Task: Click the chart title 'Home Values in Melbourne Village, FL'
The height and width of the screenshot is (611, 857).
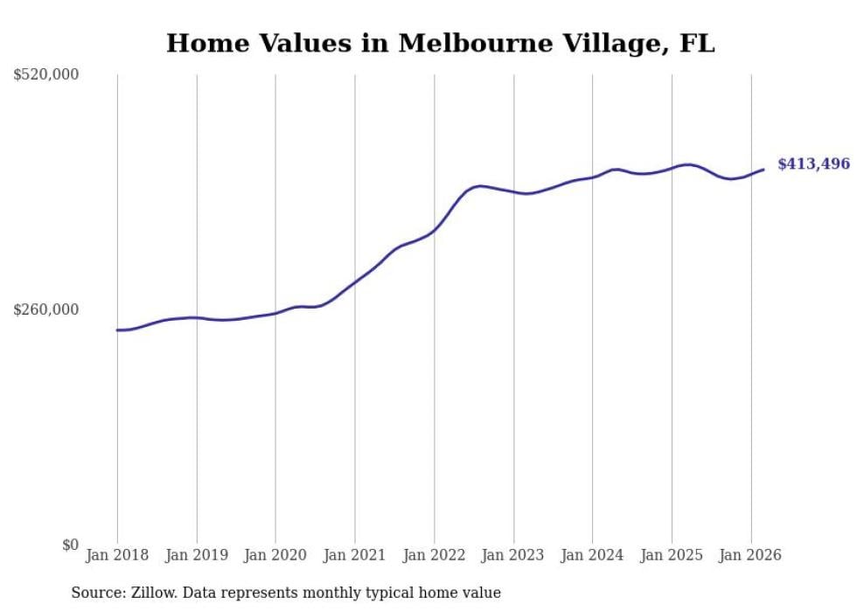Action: click(440, 43)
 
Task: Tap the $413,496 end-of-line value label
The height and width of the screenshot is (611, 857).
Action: click(813, 163)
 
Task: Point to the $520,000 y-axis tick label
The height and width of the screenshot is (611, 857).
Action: click(46, 75)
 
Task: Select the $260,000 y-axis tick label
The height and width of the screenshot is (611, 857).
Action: click(46, 309)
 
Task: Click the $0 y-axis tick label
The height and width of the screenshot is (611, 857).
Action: click(70, 545)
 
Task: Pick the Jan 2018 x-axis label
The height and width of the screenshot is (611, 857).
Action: click(117, 555)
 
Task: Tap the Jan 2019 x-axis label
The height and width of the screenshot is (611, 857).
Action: click(197, 555)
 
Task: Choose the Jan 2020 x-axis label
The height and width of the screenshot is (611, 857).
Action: click(275, 555)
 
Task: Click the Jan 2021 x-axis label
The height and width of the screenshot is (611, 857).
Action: click(355, 555)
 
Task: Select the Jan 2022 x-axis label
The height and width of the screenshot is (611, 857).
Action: click(435, 555)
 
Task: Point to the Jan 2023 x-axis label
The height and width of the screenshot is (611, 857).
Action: click(513, 555)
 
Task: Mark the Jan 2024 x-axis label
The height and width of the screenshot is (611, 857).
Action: click(593, 555)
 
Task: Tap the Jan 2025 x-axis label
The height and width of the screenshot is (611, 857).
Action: click(672, 555)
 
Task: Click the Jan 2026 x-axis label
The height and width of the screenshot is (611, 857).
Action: click(751, 555)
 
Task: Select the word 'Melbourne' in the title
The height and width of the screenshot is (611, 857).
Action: click(464, 43)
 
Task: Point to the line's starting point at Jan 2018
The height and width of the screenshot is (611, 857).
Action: click(117, 330)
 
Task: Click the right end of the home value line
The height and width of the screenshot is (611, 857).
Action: click(763, 170)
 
